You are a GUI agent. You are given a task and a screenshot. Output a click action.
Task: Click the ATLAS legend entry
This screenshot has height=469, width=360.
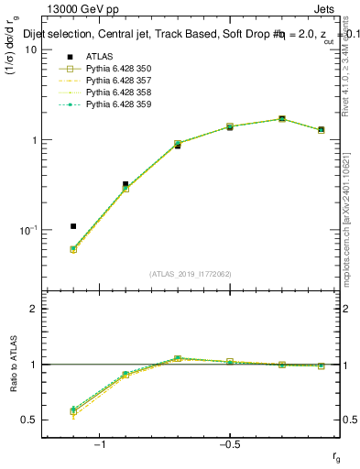(x=100, y=56)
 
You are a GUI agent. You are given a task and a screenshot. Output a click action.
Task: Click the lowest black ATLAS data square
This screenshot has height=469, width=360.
(x=73, y=226)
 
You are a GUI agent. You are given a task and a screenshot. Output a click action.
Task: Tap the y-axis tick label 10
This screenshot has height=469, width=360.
(x=30, y=49)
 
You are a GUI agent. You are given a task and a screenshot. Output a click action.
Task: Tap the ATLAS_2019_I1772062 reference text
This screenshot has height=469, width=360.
(x=191, y=273)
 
